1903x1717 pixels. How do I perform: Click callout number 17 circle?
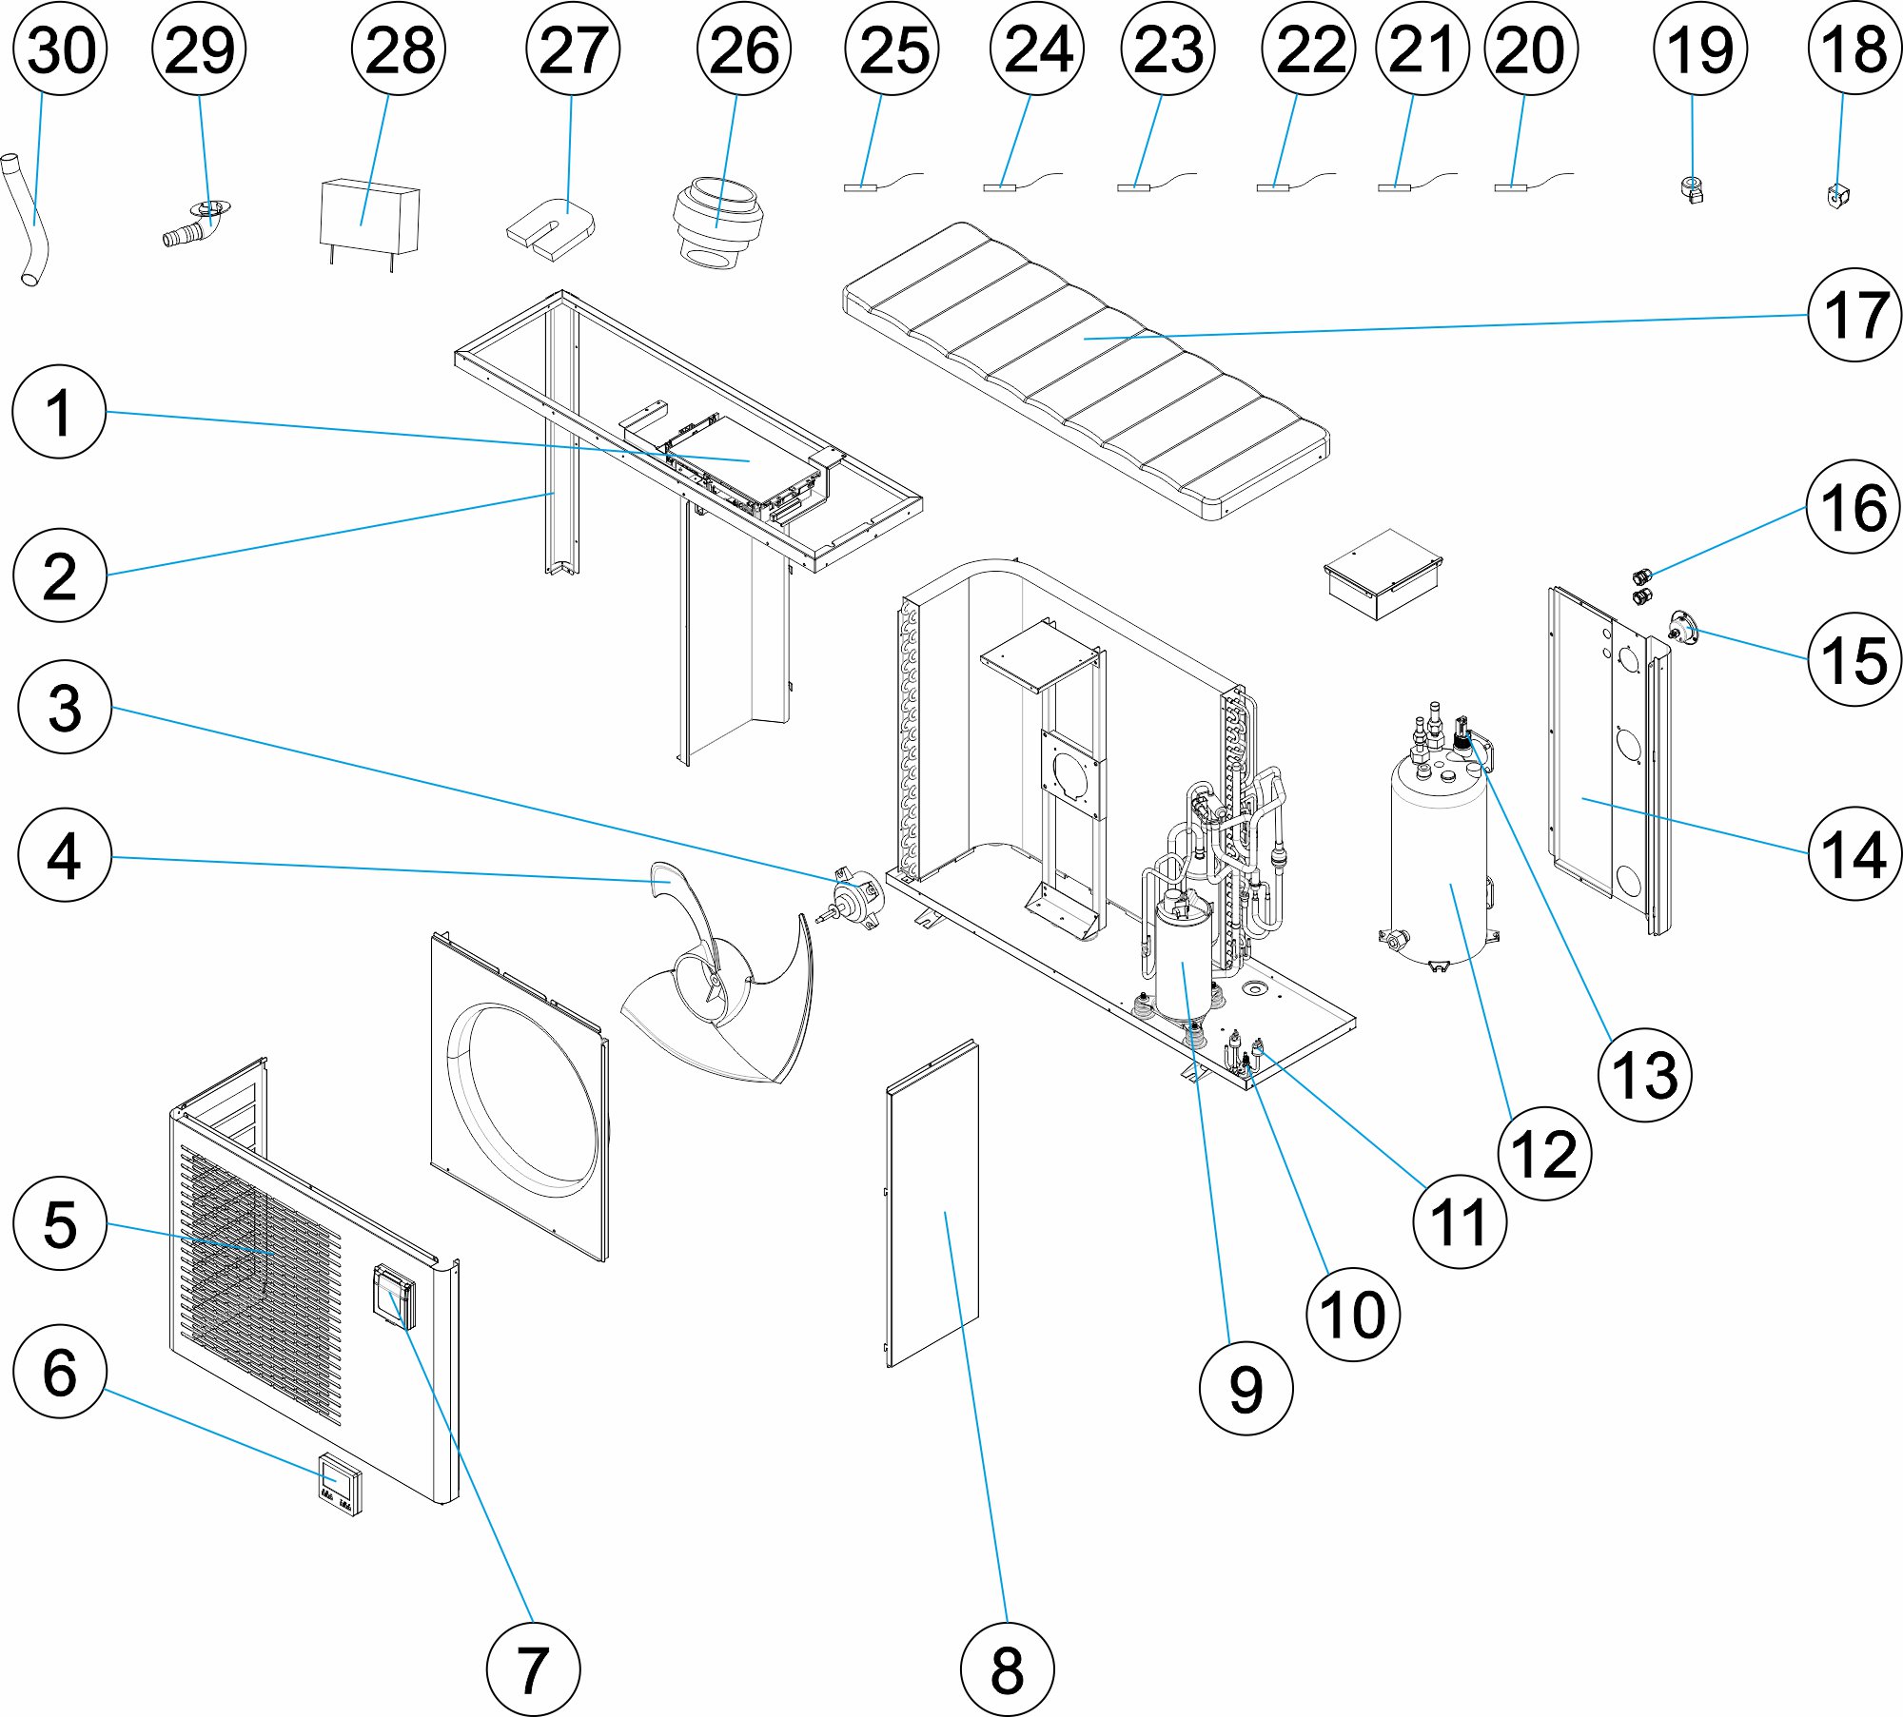coord(1854,315)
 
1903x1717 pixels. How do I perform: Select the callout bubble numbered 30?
coord(60,49)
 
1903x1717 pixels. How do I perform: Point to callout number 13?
coord(1644,1075)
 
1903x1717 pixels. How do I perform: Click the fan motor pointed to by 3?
coord(859,899)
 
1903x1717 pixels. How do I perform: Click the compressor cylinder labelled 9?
coord(1183,961)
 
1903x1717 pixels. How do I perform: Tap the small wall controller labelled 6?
coord(340,1484)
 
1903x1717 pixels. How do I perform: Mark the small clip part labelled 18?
coord(1837,196)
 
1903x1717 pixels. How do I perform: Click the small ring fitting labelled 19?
coord(1693,188)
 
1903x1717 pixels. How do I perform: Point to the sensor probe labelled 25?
coord(860,187)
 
